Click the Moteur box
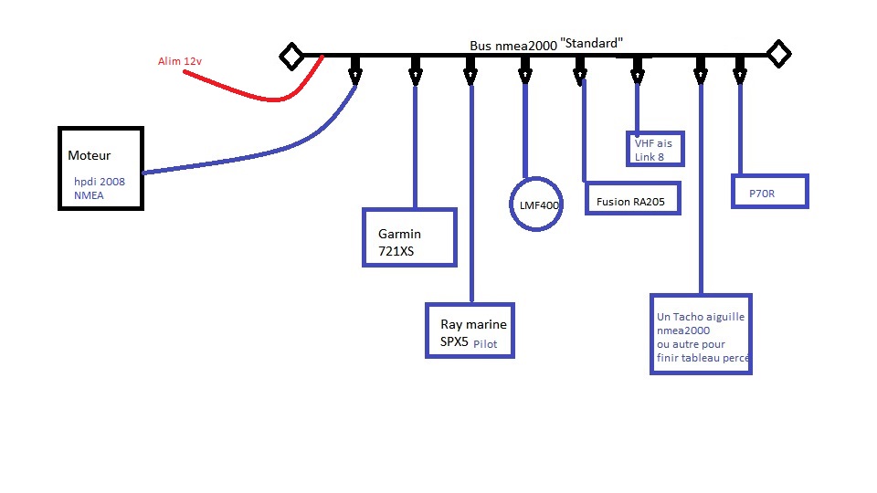coord(101,168)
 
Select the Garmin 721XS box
coord(409,237)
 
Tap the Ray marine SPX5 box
coord(470,330)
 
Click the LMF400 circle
coord(534,205)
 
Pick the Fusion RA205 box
coord(631,201)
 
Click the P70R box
coord(770,191)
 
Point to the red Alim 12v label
coord(179,61)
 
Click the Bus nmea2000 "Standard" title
coord(546,43)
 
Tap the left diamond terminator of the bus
coord(291,56)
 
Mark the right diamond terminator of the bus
coord(778,54)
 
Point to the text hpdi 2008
coord(100,182)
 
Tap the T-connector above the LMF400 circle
coord(525,68)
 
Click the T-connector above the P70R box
coord(740,68)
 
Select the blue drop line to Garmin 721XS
coord(416,146)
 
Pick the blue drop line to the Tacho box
coord(701,183)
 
